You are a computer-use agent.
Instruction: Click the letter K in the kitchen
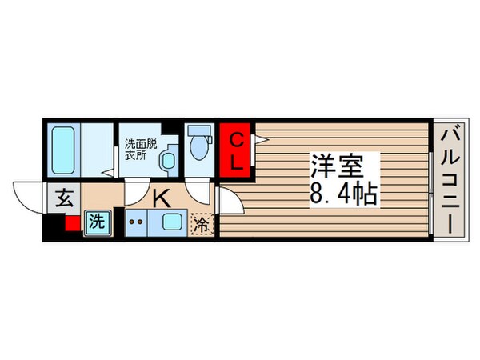pos(161,198)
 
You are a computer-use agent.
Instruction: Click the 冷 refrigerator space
pos(202,224)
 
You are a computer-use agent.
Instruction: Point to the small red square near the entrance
pos(72,224)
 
